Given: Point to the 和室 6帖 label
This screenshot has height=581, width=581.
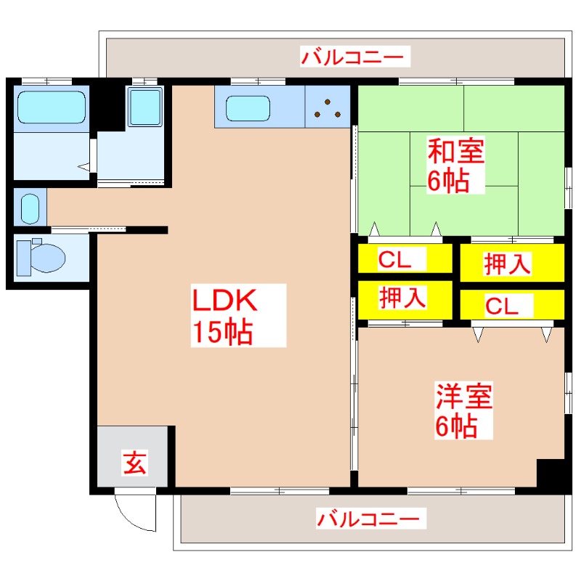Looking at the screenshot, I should [x=455, y=166].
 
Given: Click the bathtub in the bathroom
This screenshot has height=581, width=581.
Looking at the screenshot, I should [x=51, y=107].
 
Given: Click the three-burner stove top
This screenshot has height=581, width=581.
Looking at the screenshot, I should [x=328, y=107].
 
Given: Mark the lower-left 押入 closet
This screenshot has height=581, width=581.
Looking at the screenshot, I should [x=402, y=298].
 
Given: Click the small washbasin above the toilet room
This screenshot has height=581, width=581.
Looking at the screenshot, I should [x=30, y=208].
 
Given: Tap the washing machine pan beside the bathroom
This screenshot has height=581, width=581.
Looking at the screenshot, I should [x=145, y=108].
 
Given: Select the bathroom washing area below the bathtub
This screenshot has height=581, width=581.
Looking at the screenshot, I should [x=51, y=156].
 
